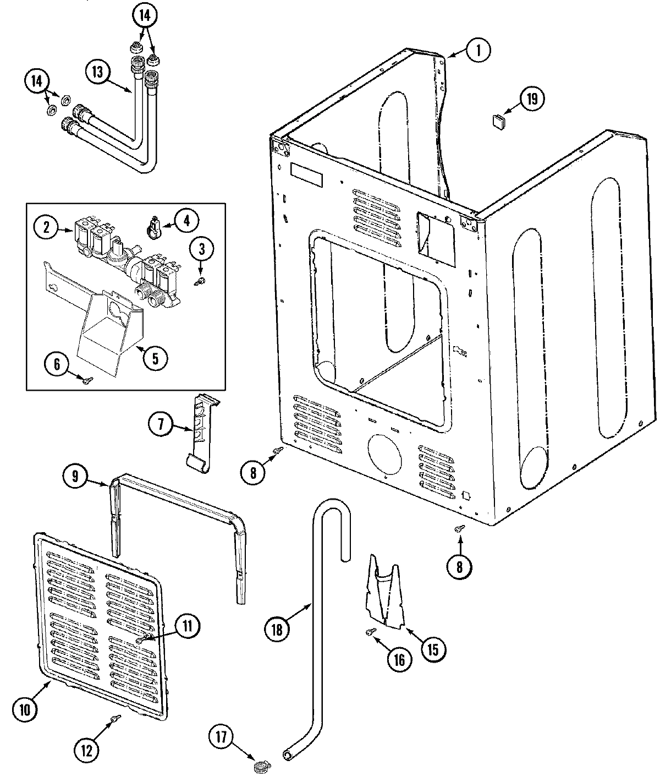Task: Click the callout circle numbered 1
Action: pyautogui.click(x=478, y=51)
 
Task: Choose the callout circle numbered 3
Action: pyautogui.click(x=201, y=249)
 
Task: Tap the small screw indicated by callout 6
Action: pyautogui.click(x=87, y=378)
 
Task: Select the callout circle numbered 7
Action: pyautogui.click(x=161, y=424)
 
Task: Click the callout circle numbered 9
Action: pyautogui.click(x=76, y=476)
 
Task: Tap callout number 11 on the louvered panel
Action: pyautogui.click(x=188, y=625)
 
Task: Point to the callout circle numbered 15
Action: pyautogui.click(x=433, y=649)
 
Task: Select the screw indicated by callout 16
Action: pyautogui.click(x=370, y=632)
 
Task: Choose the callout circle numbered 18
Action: pyautogui.click(x=277, y=629)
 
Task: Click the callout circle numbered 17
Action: pyautogui.click(x=221, y=736)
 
